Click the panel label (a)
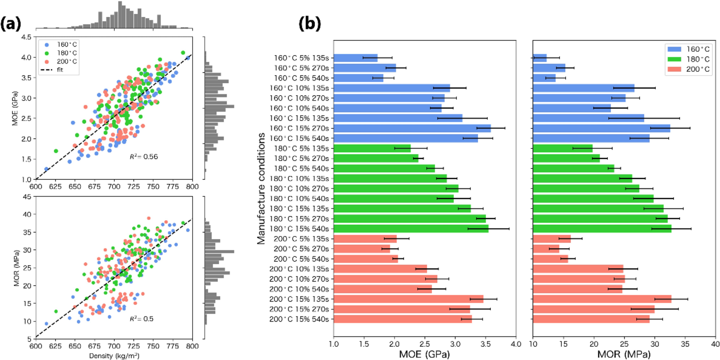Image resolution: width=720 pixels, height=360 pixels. (11, 24)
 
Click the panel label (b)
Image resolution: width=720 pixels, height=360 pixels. (310, 23)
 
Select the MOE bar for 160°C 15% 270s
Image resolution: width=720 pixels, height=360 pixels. (412, 128)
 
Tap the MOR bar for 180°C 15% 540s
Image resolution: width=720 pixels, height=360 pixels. (602, 229)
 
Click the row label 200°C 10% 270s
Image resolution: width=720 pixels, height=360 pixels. (299, 279)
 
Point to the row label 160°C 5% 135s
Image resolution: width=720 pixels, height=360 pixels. (301, 58)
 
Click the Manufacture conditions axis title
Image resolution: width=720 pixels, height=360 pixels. (261, 188)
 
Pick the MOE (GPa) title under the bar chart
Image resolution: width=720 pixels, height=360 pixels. (424, 354)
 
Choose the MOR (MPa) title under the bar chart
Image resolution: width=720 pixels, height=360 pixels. (623, 354)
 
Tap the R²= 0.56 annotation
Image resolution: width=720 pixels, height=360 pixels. (143, 157)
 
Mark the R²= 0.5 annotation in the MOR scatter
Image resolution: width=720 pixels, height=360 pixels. (141, 319)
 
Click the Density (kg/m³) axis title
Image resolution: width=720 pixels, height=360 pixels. (114, 356)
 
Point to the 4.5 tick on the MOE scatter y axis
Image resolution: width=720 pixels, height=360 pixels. (26, 37)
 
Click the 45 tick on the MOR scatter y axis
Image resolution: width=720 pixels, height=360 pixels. (27, 197)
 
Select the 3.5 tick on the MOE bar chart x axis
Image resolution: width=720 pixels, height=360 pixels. (485, 344)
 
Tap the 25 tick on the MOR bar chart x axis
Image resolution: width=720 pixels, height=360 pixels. (624, 344)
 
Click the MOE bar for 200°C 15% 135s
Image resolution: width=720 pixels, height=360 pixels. (408, 299)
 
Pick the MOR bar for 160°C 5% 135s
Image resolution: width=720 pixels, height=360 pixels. (539, 58)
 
